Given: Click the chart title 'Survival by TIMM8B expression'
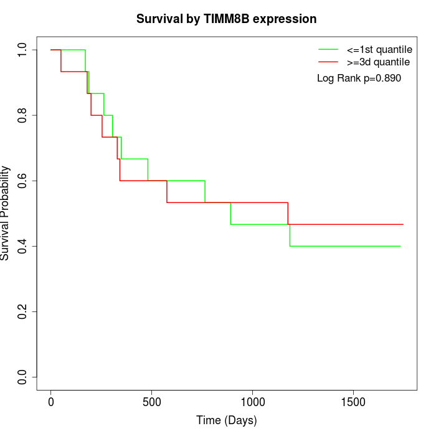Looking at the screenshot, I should [226, 19].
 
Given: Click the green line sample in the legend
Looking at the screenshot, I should [328, 49].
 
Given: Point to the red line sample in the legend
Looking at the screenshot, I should [328, 62].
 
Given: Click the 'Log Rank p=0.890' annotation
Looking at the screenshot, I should [359, 78].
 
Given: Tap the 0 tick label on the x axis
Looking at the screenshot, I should [51, 402].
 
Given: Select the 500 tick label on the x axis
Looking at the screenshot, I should [152, 402].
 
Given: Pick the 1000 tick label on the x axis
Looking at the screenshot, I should [253, 402].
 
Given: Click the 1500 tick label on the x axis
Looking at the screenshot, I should [354, 402].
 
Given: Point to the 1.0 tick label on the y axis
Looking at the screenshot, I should [23, 50].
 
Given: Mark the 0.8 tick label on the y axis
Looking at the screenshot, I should [23, 115].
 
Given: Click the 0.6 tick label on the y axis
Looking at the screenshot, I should [23, 181].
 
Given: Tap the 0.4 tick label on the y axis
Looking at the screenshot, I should [23, 246].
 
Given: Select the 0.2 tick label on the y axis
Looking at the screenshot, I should [23, 311].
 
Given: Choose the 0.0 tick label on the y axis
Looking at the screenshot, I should [23, 377].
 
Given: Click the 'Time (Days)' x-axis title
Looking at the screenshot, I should [226, 420].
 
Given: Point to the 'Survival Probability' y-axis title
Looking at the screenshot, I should [6, 213].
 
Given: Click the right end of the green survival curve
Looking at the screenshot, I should [400, 246].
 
